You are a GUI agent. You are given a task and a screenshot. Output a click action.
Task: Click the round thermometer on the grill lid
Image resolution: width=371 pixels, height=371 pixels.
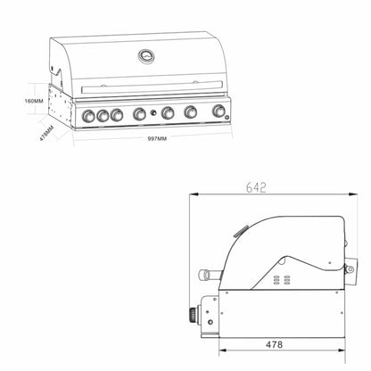click(x=145, y=56)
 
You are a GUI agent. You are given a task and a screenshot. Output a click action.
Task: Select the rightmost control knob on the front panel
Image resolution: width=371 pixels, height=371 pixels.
click(x=218, y=112)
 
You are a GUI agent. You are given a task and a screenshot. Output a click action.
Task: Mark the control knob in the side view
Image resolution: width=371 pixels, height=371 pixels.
click(x=192, y=315)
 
